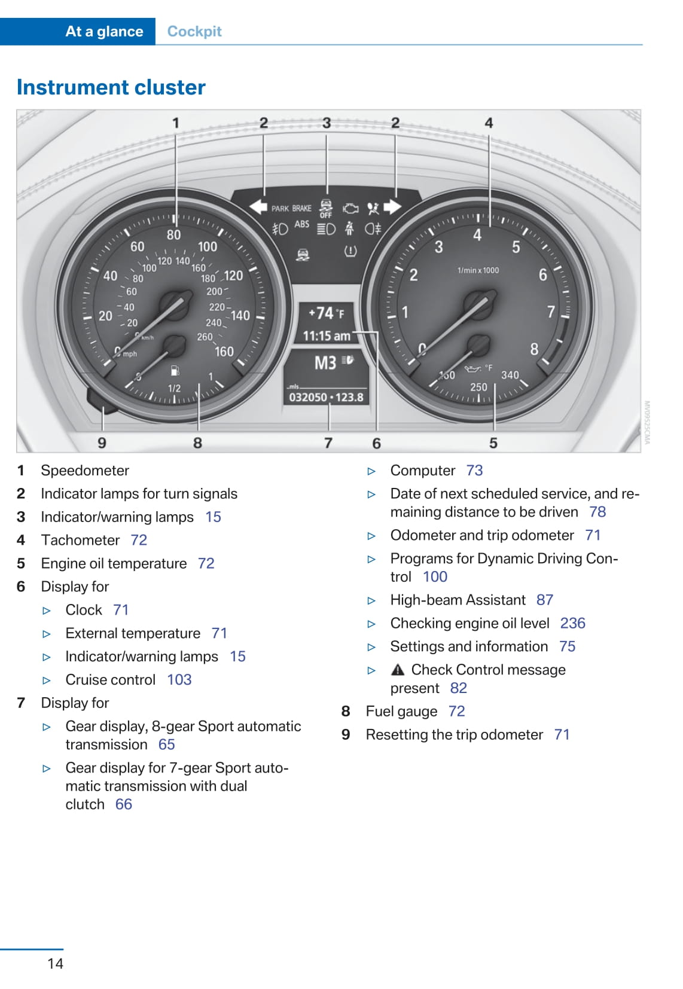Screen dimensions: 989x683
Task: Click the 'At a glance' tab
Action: (x=104, y=32)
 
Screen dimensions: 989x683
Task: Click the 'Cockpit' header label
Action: (x=194, y=32)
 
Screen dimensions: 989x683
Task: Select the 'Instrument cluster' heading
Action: (x=111, y=87)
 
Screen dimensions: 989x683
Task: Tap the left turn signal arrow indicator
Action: (x=258, y=207)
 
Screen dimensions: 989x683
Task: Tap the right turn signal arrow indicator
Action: (x=392, y=207)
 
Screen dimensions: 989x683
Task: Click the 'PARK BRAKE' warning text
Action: (x=291, y=209)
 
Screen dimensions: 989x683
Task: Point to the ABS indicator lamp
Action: (x=302, y=224)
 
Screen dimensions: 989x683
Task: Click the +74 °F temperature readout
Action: (x=326, y=313)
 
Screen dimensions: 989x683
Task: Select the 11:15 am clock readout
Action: (x=327, y=336)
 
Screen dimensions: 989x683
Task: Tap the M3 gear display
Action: (x=326, y=362)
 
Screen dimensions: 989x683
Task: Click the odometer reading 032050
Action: (x=308, y=397)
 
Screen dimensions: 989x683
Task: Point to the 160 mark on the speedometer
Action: (x=224, y=352)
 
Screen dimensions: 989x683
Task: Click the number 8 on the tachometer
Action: (x=534, y=349)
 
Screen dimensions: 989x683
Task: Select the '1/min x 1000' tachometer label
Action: (x=478, y=270)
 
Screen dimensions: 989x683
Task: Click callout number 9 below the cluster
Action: (x=102, y=443)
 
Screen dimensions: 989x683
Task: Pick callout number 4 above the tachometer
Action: (x=489, y=123)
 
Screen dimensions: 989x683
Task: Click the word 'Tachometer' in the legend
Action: (x=80, y=540)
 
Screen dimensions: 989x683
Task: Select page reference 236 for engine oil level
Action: (x=572, y=623)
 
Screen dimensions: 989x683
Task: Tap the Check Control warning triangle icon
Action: (x=398, y=670)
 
